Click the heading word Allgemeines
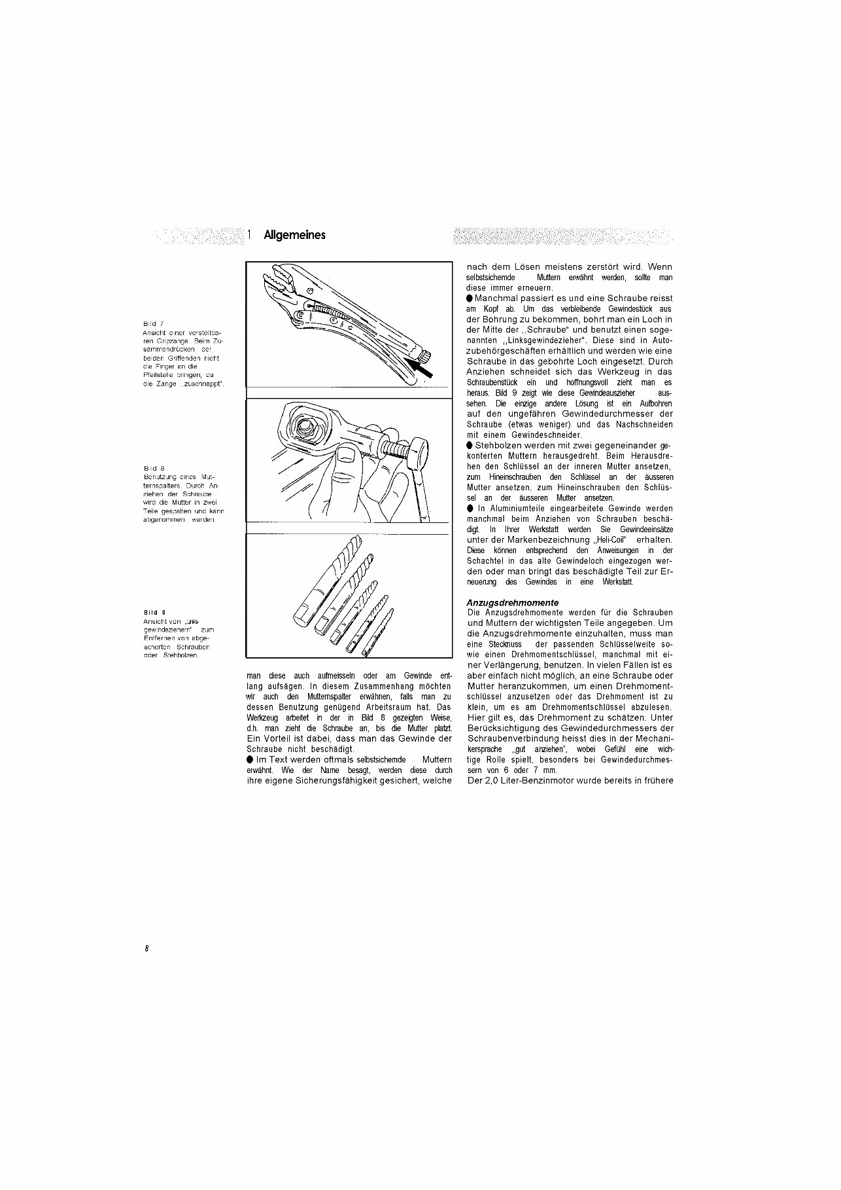tap(294, 235)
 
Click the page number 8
tap(147, 948)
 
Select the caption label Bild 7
tap(154, 324)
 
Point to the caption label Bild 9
tap(154, 613)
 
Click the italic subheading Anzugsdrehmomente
tap(512, 602)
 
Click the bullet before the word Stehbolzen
tap(470, 446)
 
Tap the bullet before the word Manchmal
tap(470, 298)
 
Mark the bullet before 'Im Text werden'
tap(250, 759)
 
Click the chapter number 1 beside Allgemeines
tap(250, 235)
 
